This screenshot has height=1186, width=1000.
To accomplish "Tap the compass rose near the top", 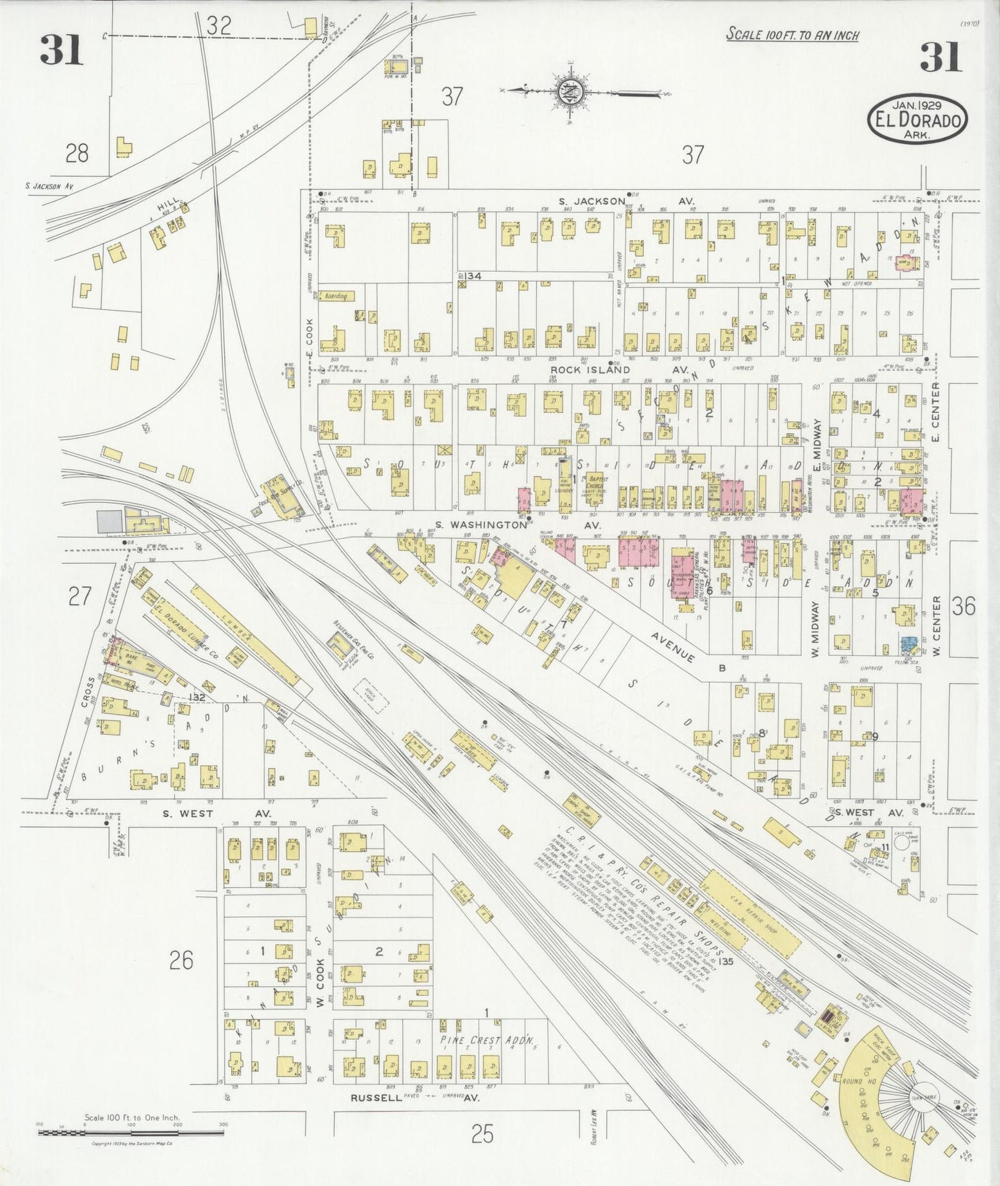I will (x=567, y=91).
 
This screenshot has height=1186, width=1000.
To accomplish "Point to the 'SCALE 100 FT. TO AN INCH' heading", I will (x=792, y=35).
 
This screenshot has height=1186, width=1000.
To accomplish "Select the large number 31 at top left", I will (x=61, y=49).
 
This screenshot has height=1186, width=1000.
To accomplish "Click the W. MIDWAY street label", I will (x=815, y=630).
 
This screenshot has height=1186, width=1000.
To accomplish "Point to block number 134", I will (x=473, y=276).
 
